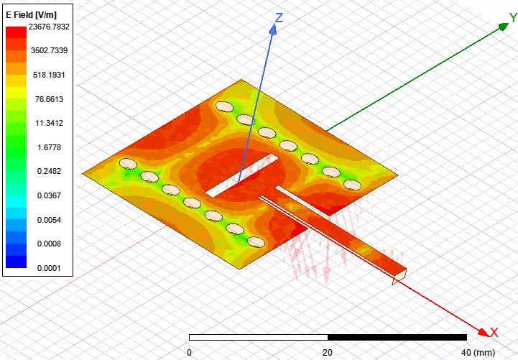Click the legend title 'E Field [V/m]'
click(31, 15)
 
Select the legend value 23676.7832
click(49, 27)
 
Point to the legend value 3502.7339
click(49, 50)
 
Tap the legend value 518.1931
click(49, 75)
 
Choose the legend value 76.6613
click(49, 99)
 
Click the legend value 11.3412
click(49, 123)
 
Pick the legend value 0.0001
click(49, 268)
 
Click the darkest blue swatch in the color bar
click(16, 262)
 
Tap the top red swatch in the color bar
click(16, 32)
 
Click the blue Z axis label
click(279, 18)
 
